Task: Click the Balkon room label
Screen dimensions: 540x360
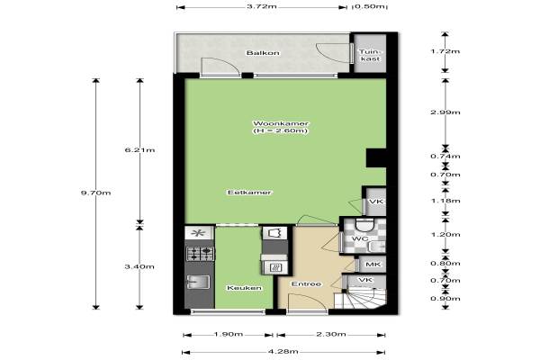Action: (x=263, y=53)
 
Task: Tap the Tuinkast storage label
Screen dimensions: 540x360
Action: (x=370, y=56)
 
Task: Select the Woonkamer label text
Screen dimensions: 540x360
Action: (x=281, y=123)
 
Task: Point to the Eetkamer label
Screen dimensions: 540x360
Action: (x=249, y=193)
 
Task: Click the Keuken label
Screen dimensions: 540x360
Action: (x=244, y=288)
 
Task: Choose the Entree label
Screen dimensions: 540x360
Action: (x=306, y=283)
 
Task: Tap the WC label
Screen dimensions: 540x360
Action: (x=360, y=238)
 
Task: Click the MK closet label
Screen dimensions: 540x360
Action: (x=373, y=265)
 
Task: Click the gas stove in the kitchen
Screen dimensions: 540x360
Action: (x=201, y=254)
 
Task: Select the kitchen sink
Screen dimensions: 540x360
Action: (x=198, y=282)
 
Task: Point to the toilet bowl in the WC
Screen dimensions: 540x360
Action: (x=364, y=225)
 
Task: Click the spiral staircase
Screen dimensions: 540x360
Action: (x=361, y=299)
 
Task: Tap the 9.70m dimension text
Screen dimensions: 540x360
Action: (x=95, y=193)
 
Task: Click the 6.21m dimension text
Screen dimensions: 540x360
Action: (x=139, y=150)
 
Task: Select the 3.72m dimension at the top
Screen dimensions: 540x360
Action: (x=262, y=6)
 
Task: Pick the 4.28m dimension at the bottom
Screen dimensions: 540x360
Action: (x=283, y=351)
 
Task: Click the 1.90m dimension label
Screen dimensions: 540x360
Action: (x=229, y=334)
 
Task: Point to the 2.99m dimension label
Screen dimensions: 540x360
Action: (x=445, y=112)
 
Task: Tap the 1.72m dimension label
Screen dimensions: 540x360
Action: (x=445, y=51)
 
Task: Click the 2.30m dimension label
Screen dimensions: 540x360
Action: (x=331, y=334)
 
